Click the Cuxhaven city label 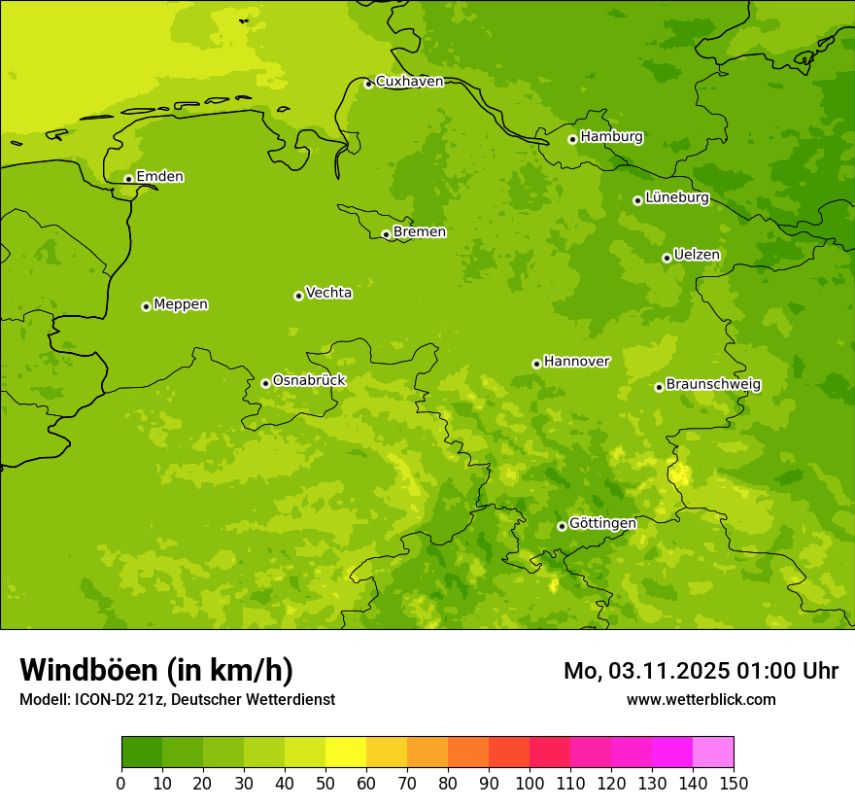click(409, 82)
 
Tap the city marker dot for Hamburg click(572, 139)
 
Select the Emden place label click(159, 177)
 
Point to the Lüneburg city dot click(637, 200)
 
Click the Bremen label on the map click(419, 232)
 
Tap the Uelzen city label click(697, 256)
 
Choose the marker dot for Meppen click(146, 306)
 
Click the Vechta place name click(328, 293)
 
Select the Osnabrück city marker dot click(265, 383)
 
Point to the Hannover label click(576, 362)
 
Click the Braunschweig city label click(713, 385)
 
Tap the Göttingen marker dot click(562, 526)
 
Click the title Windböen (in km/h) click(156, 670)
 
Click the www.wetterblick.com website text click(701, 700)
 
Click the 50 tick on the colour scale click(325, 783)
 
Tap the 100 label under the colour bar click(530, 783)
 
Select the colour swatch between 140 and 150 click(713, 752)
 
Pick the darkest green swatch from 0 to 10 click(142, 752)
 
